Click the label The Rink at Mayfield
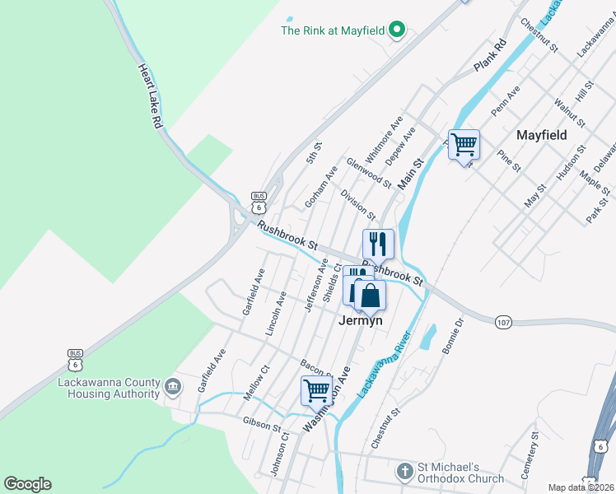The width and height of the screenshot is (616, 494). (333, 30)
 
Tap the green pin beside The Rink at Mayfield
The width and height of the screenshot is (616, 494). (397, 30)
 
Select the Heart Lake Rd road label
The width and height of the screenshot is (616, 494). (149, 96)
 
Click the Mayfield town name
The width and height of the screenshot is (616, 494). (541, 134)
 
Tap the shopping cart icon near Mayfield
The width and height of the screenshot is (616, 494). (464, 145)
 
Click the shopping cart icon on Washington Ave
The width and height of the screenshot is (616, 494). (317, 389)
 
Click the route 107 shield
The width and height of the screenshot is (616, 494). (504, 322)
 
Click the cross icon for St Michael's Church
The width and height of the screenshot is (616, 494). (404, 472)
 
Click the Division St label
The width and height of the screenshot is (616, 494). (357, 203)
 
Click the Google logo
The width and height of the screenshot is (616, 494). (27, 484)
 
